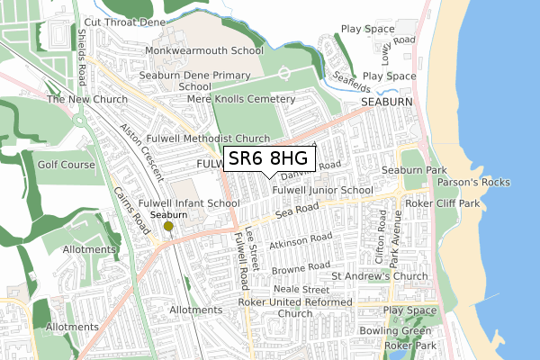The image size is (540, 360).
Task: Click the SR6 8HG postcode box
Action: tap(268, 159)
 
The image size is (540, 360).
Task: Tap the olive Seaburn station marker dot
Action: tap(167, 227)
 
